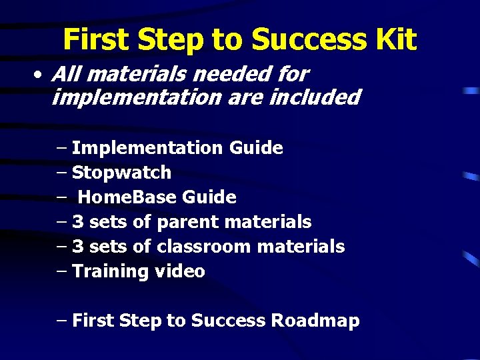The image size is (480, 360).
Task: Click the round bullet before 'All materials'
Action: (x=40, y=75)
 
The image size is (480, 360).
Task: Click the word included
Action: (x=315, y=98)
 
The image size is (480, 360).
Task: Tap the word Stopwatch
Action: (x=121, y=173)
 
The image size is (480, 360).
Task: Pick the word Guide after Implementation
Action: (x=255, y=148)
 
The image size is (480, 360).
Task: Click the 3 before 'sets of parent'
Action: (x=77, y=222)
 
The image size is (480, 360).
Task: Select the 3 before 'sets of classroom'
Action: (x=77, y=247)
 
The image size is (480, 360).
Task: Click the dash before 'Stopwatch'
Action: (x=62, y=173)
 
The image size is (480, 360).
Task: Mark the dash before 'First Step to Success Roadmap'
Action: (x=62, y=321)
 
